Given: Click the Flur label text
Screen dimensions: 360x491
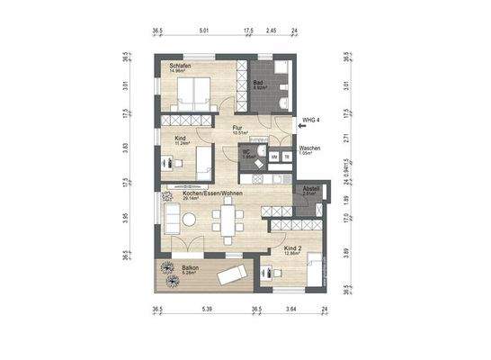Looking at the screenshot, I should coord(238,129).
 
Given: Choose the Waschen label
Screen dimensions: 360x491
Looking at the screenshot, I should coord(310,148).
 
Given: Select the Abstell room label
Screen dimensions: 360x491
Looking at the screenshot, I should coord(310,189).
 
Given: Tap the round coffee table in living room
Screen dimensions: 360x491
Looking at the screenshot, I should coord(189,218).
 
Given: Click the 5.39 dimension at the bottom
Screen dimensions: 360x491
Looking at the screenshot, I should coord(206,310).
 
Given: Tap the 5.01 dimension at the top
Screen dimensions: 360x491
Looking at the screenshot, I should coord(204,31).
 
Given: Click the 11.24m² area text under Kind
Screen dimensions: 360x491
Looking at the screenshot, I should coord(183,143).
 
